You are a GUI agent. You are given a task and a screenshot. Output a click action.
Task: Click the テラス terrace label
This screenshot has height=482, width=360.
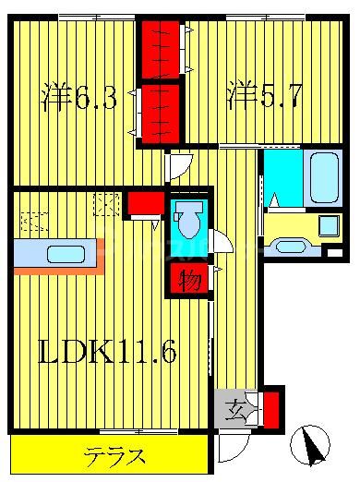click(x=115, y=455)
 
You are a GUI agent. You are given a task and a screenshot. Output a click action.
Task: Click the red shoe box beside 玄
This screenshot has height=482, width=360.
click(x=270, y=406)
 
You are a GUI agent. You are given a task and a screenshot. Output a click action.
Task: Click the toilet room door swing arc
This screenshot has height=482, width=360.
click(x=222, y=242)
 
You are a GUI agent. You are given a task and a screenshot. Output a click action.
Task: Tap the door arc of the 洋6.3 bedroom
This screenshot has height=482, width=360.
click(x=176, y=167)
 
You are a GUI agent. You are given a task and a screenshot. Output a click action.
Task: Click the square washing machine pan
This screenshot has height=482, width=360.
click(x=328, y=227)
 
